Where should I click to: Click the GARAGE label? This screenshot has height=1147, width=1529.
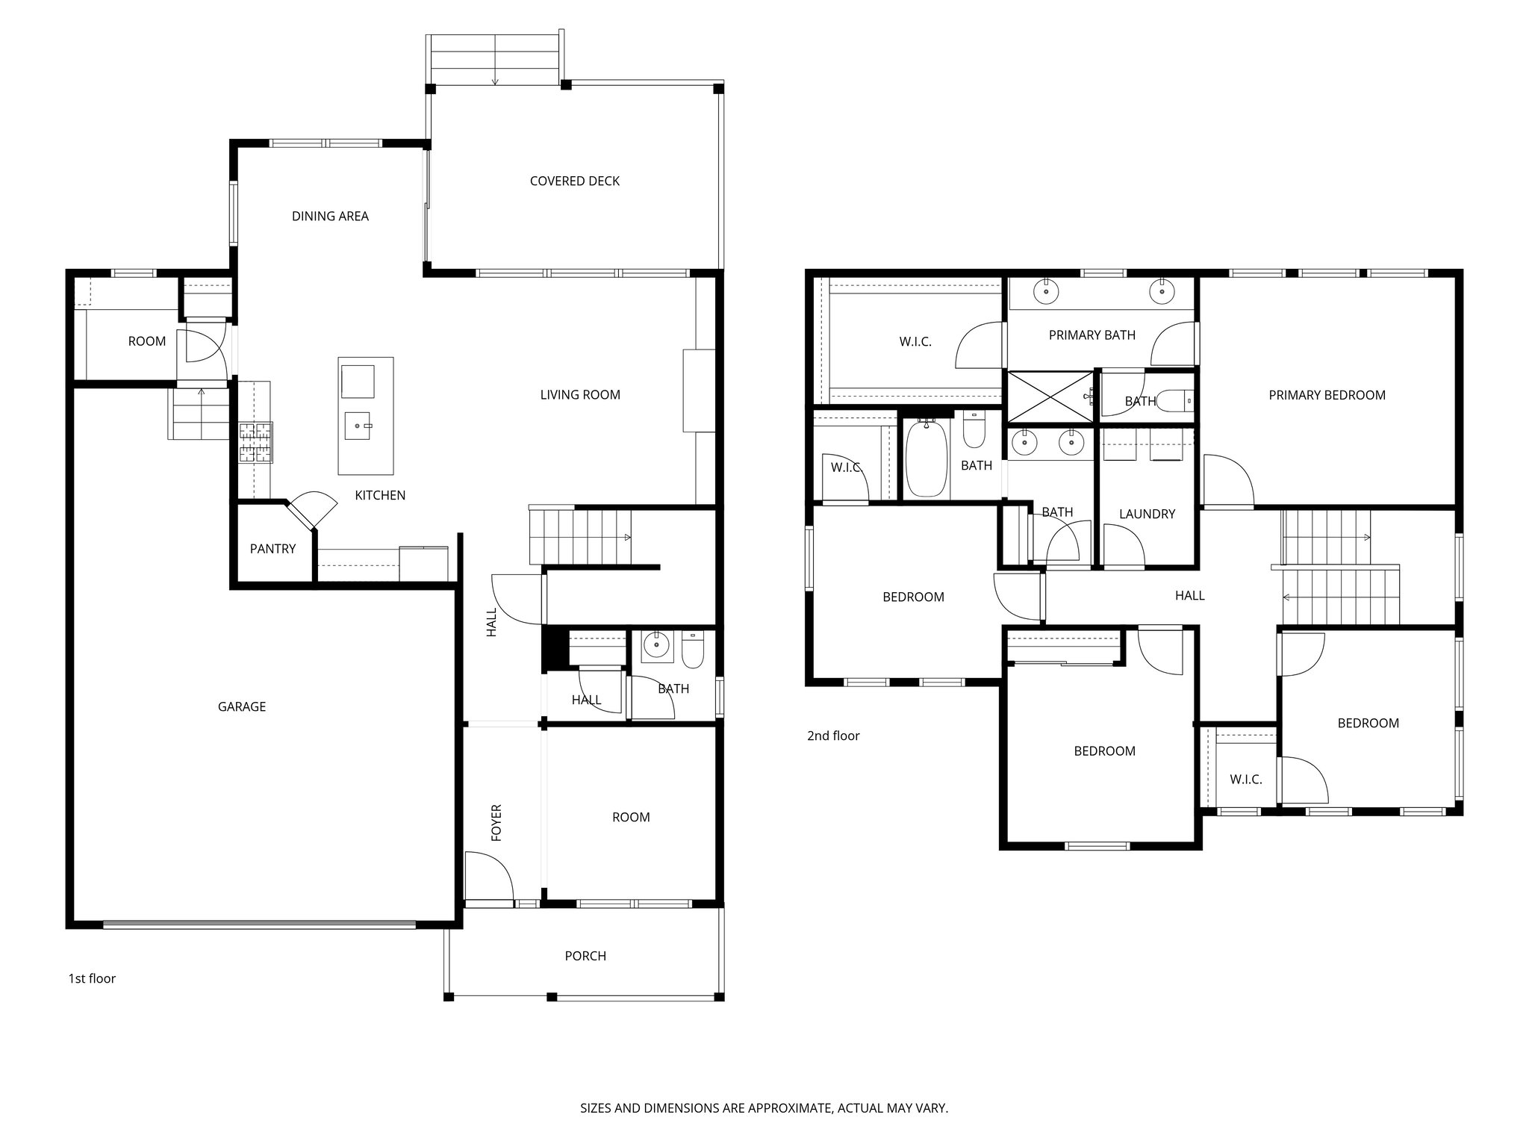coord(241,706)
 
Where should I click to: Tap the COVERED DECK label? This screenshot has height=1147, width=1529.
coord(574,181)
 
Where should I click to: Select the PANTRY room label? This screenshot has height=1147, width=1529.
coord(273,549)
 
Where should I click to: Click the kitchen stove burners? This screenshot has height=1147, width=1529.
coord(255,442)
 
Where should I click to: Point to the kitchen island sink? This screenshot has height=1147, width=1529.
coord(357,426)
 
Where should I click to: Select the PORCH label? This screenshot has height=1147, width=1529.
coord(585,956)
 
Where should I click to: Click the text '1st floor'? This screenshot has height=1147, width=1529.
coord(92,978)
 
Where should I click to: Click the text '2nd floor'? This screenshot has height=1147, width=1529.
coord(833,736)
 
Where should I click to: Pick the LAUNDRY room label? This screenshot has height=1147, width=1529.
coord(1147,514)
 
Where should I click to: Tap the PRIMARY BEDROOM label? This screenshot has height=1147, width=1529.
coord(1327,395)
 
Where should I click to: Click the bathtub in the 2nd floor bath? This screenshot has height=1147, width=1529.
coord(927,458)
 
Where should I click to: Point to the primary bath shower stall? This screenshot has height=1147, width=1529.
coord(1050,397)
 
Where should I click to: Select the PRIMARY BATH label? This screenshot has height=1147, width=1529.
coord(1092,335)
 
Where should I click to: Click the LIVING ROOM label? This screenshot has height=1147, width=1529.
coord(580,394)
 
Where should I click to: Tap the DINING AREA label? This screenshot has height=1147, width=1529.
coord(330,216)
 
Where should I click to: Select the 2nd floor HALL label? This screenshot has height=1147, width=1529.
coord(1189,595)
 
